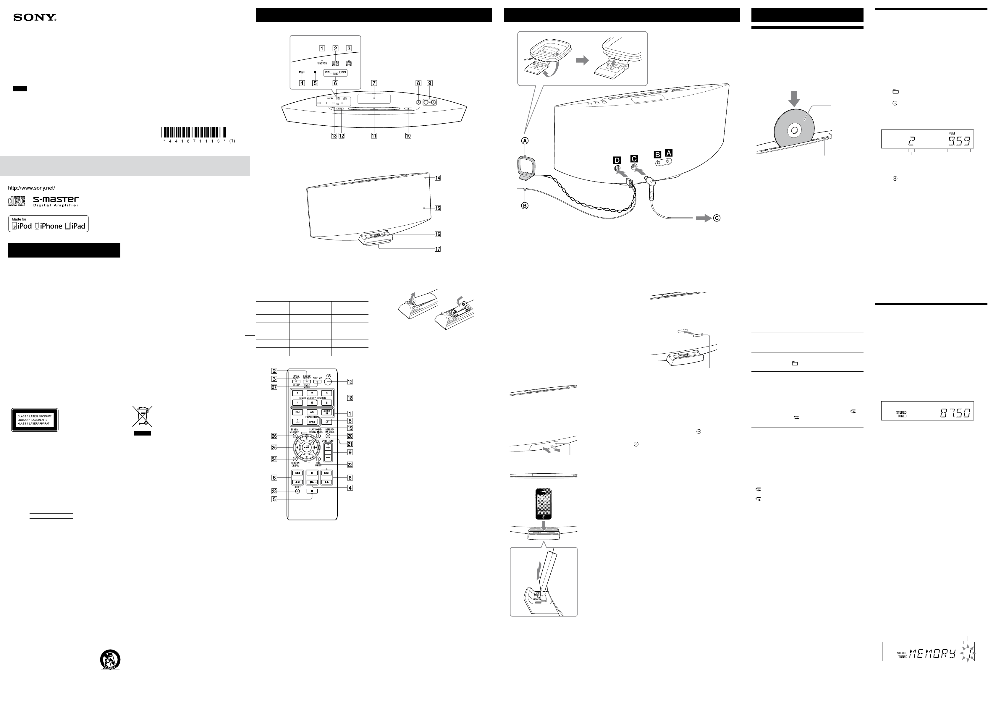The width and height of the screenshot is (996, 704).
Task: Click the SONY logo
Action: point(35,18)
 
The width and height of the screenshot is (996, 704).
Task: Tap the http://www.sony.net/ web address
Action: point(32,188)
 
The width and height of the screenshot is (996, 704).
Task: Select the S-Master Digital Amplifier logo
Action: point(56,201)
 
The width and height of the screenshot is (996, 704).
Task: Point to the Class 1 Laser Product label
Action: point(35,420)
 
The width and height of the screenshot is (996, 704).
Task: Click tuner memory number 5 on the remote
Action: point(312,402)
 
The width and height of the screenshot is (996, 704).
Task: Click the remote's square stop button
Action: point(312,491)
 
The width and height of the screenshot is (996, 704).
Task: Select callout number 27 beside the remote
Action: point(274,387)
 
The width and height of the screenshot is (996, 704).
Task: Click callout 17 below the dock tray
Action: point(438,249)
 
